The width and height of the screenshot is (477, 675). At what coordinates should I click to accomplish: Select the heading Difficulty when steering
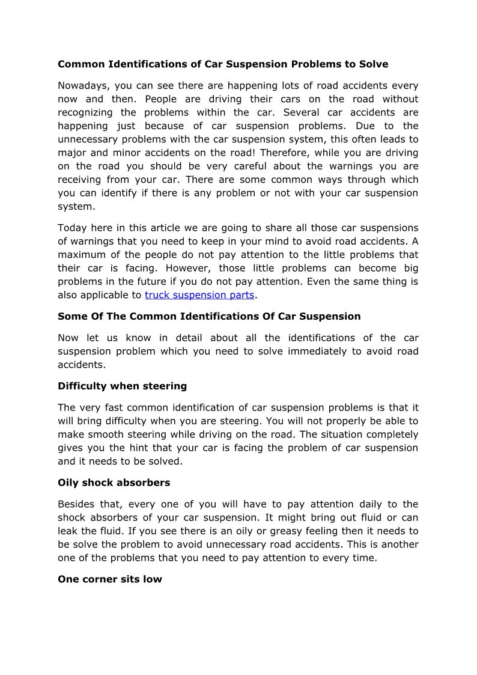pos(122,386)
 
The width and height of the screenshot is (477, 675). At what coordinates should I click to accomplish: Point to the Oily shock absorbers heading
pos(114,483)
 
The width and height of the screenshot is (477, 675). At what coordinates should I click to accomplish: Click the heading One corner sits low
pos(109,579)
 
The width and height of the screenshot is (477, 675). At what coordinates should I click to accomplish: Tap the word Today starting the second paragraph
pos(72,228)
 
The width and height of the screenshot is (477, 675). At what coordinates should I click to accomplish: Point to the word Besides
pos(77,504)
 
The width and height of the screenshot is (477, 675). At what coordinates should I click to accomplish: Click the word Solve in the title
pos(374,64)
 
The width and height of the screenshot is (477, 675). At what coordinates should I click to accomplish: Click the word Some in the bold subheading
pos(71,316)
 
